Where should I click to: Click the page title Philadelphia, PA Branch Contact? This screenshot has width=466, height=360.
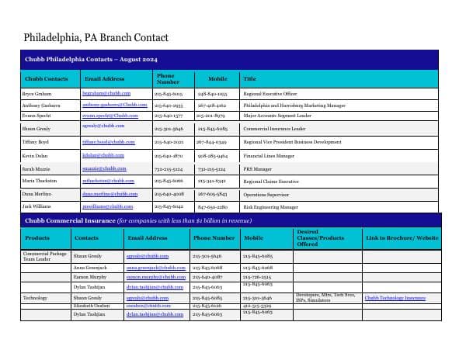click(96, 37)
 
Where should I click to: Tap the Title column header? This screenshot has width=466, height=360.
click(250, 78)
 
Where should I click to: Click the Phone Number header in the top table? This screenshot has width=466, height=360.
click(167, 78)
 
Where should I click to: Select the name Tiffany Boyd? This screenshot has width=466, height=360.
click(35, 142)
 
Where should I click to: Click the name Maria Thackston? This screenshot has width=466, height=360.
click(40, 181)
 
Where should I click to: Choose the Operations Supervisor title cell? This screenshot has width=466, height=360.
click(269, 194)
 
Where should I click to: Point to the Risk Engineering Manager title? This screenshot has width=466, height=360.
click(270, 207)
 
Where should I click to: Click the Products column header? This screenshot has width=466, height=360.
click(37, 238)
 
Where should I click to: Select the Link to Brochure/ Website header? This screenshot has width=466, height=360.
click(402, 238)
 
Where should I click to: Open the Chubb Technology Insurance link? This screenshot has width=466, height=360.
click(395, 298)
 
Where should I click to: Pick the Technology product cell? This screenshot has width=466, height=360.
click(36, 298)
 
